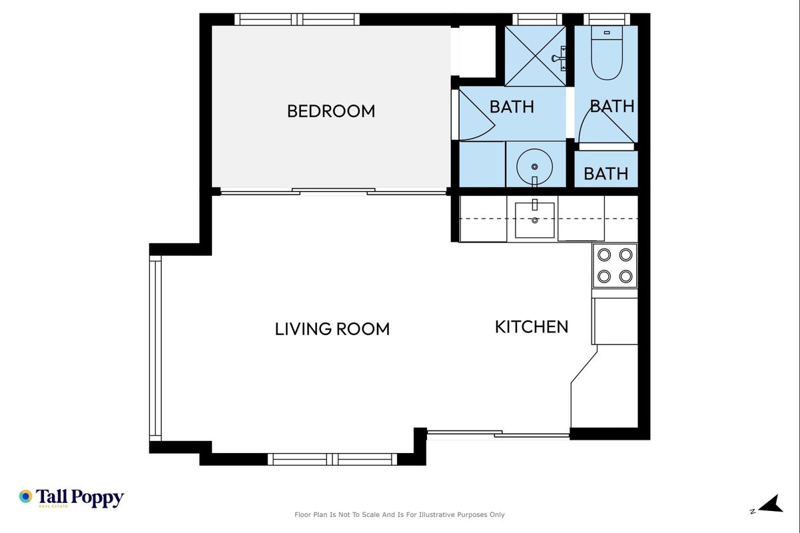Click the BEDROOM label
[331, 111]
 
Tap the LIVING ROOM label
[332, 329]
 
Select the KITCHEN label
[532, 327]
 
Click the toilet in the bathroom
[607, 53]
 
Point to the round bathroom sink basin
[535, 167]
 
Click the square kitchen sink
[535, 220]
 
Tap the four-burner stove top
[615, 266]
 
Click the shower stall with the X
[535, 56]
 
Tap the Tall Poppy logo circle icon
[25, 496]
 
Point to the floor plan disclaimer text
[399, 514]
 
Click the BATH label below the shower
[512, 107]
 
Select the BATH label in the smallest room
[606, 174]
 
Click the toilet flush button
[607, 33]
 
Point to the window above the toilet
[607, 19]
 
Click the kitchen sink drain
[535, 221]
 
